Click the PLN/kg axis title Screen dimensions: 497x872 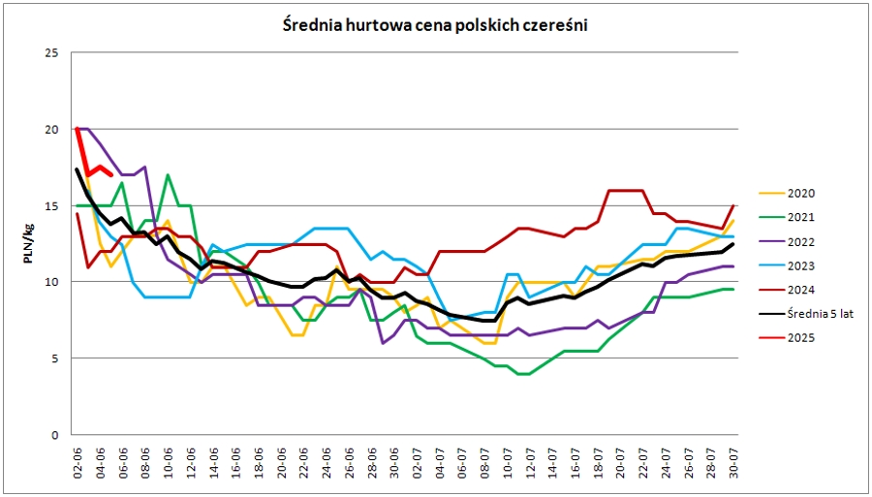pyautogui.click(x=28, y=243)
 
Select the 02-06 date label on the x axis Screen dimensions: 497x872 pyautogui.click(x=78, y=460)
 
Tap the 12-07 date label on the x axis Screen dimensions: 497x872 pyautogui.click(x=531, y=460)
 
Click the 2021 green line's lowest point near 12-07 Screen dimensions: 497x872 pyautogui.click(x=523, y=374)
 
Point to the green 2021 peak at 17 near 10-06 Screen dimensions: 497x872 pyautogui.click(x=169, y=175)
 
